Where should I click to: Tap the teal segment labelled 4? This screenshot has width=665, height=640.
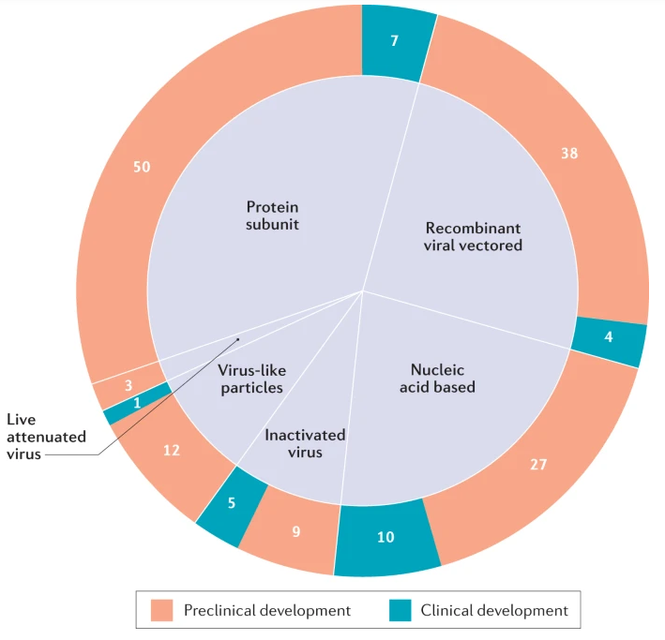609,336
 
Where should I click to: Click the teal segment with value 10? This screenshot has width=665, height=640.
386,537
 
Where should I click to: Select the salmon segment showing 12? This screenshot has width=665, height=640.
171,451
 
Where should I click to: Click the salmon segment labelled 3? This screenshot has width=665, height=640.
127,385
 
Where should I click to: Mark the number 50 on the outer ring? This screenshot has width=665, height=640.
142,167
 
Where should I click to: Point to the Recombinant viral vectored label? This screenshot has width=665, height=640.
474,236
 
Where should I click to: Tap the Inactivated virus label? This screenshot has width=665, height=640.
305,444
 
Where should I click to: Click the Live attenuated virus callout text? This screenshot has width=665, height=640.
46,437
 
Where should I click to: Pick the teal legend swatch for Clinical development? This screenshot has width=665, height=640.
401,611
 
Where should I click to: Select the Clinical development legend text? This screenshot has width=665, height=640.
493,611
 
